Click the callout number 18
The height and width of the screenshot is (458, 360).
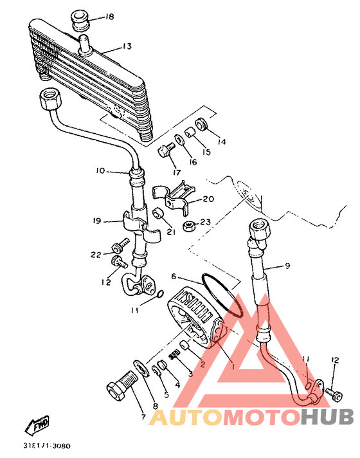click(x=109, y=17)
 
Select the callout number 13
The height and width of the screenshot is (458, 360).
click(x=127, y=46)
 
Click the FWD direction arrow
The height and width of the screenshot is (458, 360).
click(x=37, y=425)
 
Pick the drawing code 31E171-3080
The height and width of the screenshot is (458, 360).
click(x=47, y=446)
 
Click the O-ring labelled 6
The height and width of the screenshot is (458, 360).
click(x=223, y=294)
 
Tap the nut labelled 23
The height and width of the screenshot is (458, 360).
click(x=188, y=226)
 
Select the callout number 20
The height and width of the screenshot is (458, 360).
click(x=208, y=199)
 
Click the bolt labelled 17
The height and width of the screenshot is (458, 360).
click(x=166, y=149)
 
